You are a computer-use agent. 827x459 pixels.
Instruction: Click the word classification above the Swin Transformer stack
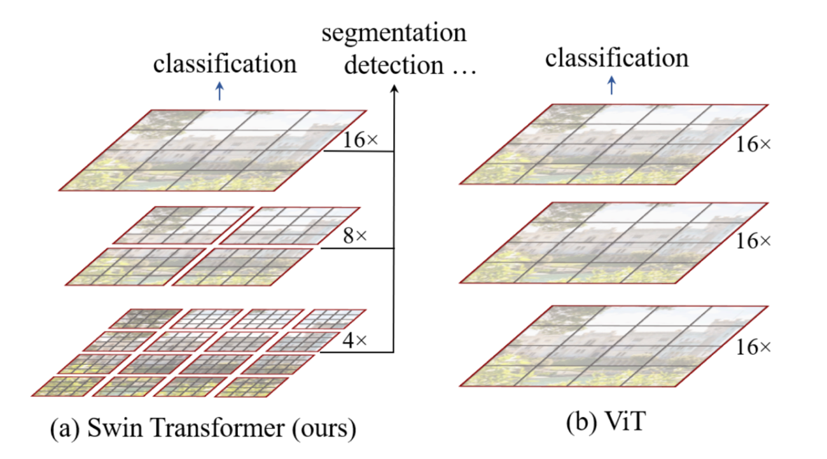(225, 64)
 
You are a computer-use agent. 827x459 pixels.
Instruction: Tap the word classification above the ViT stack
(616, 58)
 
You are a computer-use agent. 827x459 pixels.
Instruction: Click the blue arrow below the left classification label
(219, 93)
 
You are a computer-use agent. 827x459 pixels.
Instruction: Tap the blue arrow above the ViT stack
(611, 86)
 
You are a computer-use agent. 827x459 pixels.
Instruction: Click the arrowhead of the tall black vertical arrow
(394, 90)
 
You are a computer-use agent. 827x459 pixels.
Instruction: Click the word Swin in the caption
(102, 429)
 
